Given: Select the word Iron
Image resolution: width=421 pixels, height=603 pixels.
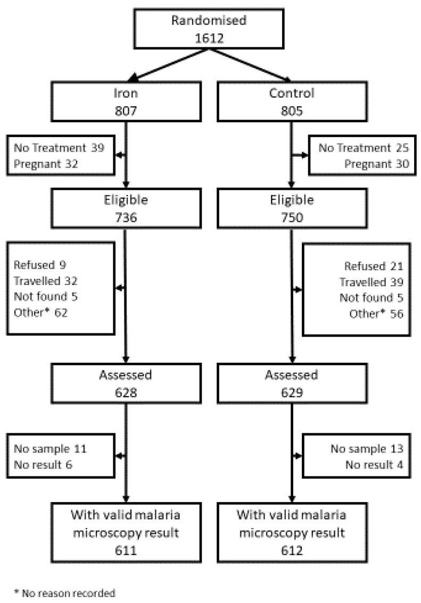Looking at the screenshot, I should (126, 93).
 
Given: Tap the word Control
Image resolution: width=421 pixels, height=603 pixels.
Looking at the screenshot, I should (292, 93).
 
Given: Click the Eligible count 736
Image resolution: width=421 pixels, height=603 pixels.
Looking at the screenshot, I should (126, 219).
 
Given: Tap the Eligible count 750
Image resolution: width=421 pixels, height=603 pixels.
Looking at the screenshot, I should (292, 219).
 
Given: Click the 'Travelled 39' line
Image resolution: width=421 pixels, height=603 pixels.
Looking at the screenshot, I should (371, 282).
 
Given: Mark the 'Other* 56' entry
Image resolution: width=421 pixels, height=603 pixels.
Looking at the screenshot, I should (376, 314).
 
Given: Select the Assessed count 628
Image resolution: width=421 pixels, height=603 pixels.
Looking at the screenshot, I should (126, 392).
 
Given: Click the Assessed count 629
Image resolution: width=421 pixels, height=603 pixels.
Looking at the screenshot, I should (292, 392).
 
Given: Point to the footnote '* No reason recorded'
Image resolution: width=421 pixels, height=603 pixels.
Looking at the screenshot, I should (64, 592).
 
